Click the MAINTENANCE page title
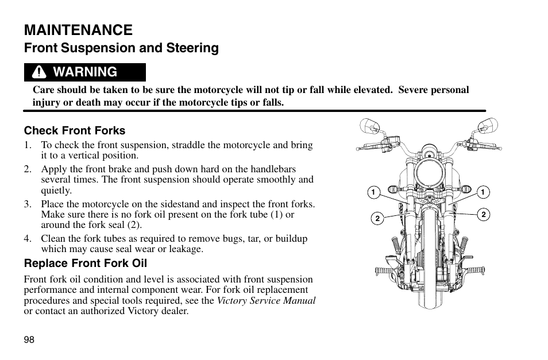78,29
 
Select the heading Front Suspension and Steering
121,48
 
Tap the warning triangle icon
38,72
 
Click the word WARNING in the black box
84,72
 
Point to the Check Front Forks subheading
74,130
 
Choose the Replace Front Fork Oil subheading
85,264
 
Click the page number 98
29,339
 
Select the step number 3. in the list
27,204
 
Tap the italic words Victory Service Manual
266,300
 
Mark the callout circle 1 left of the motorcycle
373,192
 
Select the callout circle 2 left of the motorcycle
377,218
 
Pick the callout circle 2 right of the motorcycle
484,215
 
